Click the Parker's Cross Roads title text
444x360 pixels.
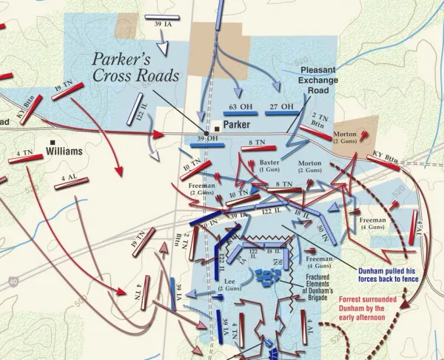tap(135, 67)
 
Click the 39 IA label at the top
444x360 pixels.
tap(164, 25)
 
